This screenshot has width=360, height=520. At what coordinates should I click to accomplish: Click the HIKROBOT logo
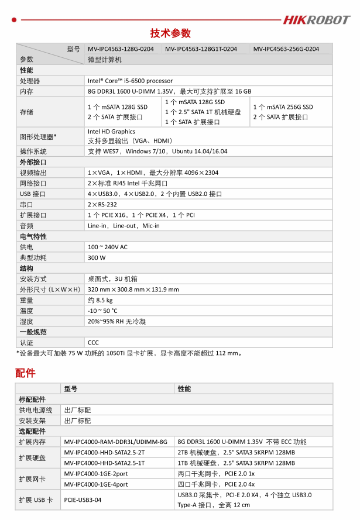pyautogui.click(x=316, y=20)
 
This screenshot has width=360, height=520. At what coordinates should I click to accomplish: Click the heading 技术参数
pyautogui.click(x=170, y=33)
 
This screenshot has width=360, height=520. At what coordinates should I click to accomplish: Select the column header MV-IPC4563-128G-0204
pyautogui.click(x=121, y=49)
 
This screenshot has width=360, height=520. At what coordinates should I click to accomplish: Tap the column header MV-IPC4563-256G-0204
pyautogui.click(x=286, y=49)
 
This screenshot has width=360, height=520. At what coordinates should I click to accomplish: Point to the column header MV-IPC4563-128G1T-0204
pyautogui.click(x=201, y=49)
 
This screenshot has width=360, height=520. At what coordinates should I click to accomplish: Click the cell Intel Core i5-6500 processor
pyautogui.click(x=130, y=81)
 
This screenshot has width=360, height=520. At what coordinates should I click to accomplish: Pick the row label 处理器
pyautogui.click(x=30, y=81)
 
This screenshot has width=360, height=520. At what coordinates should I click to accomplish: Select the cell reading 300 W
pyautogui.click(x=97, y=258)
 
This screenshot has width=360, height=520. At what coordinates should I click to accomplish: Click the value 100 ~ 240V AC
pyautogui.click(x=107, y=247)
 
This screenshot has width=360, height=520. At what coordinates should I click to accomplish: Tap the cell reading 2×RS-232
pyautogui.click(x=102, y=205)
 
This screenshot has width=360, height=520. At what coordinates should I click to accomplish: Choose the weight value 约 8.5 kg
pyautogui.click(x=100, y=301)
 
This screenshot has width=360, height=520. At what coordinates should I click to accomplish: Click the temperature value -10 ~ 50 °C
pyautogui.click(x=102, y=311)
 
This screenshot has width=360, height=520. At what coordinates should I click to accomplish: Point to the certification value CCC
pyautogui.click(x=93, y=343)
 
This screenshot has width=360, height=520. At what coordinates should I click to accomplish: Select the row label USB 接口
pyautogui.click(x=33, y=194)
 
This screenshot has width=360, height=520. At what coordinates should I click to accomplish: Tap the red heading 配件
pyautogui.click(x=25, y=373)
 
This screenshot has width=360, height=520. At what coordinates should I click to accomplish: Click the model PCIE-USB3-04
pyautogui.click(x=83, y=500)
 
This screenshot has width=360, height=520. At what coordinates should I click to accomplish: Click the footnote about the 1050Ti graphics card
pyautogui.click(x=129, y=353)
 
